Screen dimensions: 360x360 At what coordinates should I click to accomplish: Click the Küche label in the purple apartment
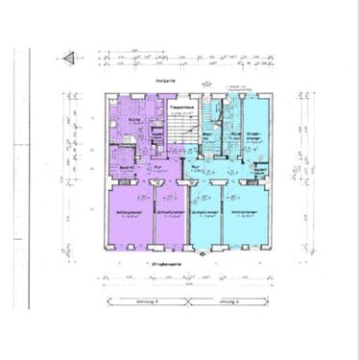click(x=135, y=120)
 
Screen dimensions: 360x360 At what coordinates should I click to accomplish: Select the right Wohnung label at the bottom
click(x=227, y=303)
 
